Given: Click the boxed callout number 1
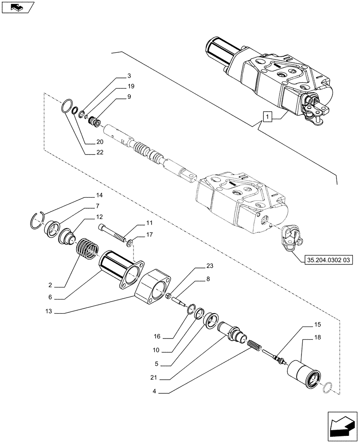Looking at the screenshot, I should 266,117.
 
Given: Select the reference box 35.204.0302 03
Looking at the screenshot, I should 329,261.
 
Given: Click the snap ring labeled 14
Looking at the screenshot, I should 43,221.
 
